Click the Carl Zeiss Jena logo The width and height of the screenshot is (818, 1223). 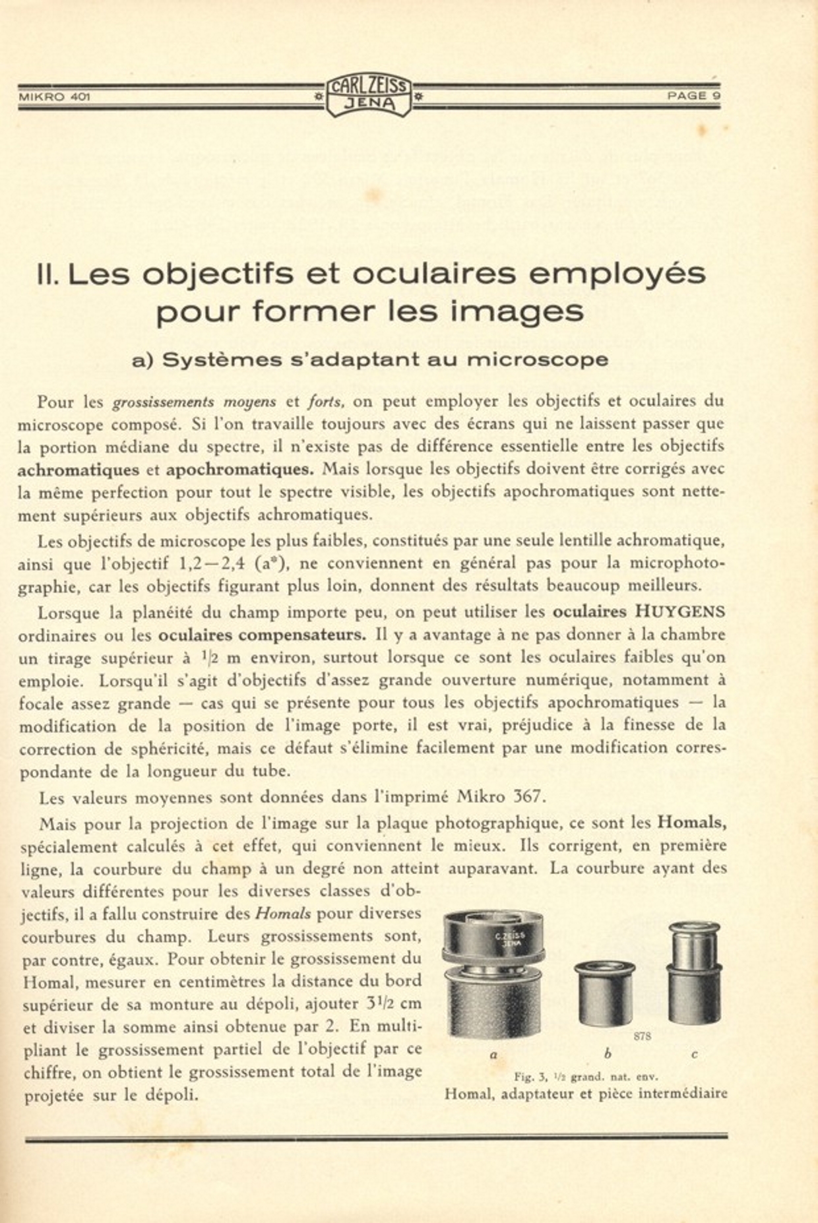pyautogui.click(x=369, y=96)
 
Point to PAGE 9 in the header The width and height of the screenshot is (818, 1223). pyautogui.click(x=693, y=96)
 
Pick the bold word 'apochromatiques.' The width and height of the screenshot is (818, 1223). pyautogui.click(x=240, y=470)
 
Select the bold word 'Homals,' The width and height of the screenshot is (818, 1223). pyautogui.click(x=692, y=823)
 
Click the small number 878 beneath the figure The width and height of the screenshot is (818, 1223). pyautogui.click(x=642, y=1036)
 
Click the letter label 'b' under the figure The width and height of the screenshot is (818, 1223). pyautogui.click(x=608, y=1054)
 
